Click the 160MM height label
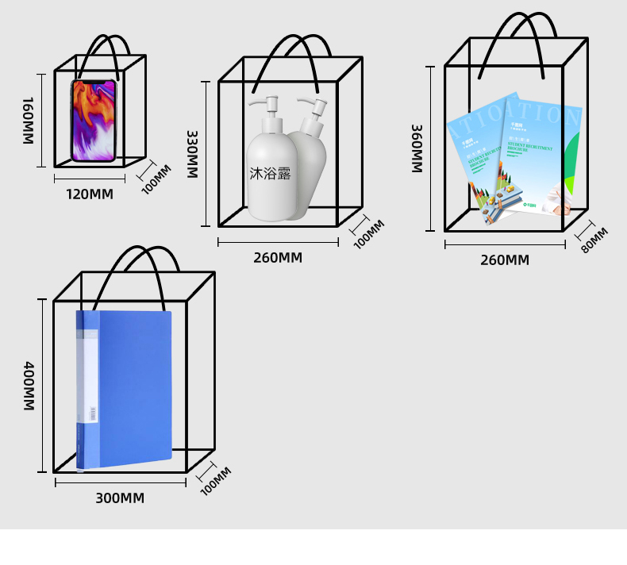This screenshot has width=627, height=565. [27, 121]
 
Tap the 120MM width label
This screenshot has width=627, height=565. [89, 194]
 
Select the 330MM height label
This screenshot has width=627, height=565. [192, 154]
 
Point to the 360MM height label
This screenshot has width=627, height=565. [417, 148]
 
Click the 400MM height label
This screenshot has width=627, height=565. [28, 386]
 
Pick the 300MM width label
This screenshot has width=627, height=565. [120, 498]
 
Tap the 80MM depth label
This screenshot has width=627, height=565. [594, 240]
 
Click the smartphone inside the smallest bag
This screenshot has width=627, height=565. [94, 121]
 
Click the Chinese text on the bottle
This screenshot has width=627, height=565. [271, 173]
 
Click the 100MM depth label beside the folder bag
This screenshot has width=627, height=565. [215, 481]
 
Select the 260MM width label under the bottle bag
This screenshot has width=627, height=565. [278, 258]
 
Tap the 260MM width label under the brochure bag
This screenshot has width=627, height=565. [505, 260]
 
